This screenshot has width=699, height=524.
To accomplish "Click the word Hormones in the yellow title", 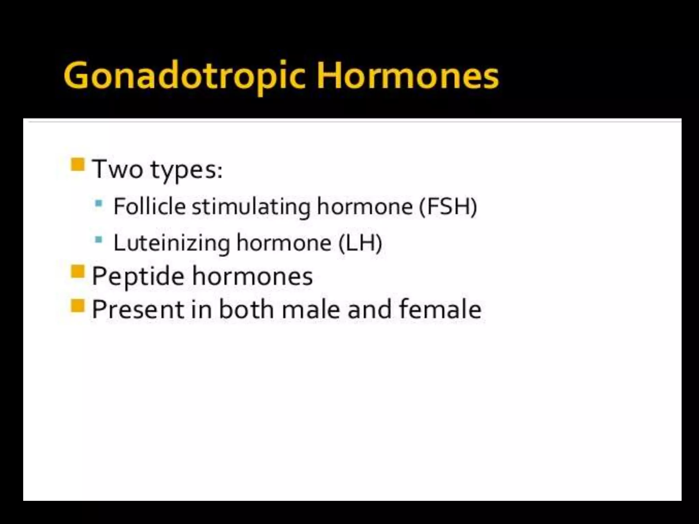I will pyautogui.click(x=407, y=75).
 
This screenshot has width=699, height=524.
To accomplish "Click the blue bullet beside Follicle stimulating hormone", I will pyautogui.click(x=99, y=204).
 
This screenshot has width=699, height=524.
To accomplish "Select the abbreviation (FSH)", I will pyautogui.click(x=448, y=206).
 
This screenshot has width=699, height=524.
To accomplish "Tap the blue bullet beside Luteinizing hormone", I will pyautogui.click(x=99, y=239).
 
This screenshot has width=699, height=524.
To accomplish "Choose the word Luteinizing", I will pyautogui.click(x=172, y=243).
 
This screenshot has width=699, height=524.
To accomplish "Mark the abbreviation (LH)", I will pyautogui.click(x=360, y=243).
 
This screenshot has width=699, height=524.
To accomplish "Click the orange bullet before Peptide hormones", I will pyautogui.click(x=77, y=272).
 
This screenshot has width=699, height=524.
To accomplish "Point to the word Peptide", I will pyautogui.click(x=138, y=276).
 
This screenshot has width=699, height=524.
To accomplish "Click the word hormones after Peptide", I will pyautogui.click(x=252, y=276).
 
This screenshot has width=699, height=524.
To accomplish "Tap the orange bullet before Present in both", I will pyautogui.click(x=77, y=305).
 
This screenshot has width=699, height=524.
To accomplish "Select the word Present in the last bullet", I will pyautogui.click(x=138, y=309).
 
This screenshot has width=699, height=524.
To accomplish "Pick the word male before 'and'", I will pyautogui.click(x=311, y=309).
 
